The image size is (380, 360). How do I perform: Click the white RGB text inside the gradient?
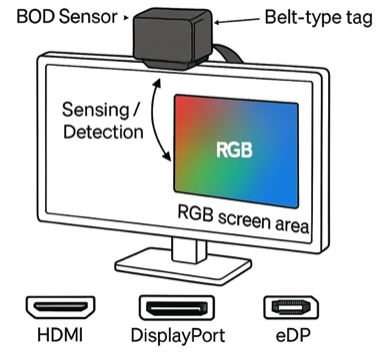[236, 149]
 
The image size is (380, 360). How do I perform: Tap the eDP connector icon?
[284, 308]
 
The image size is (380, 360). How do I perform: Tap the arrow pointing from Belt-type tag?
[233, 21]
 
